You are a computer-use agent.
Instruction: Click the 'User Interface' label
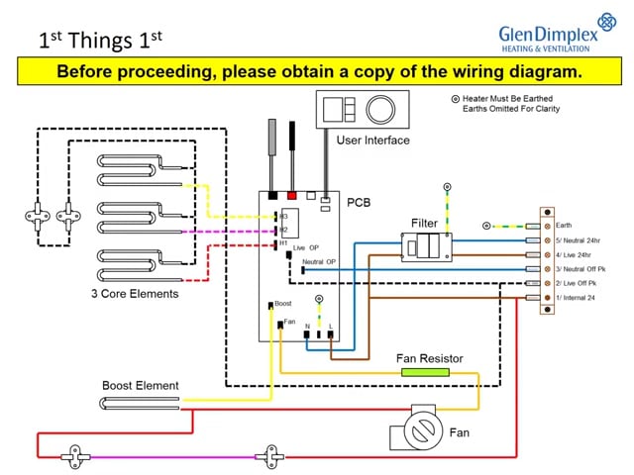(372, 141)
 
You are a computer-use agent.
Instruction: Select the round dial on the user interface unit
(381, 108)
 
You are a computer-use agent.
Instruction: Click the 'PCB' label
(359, 201)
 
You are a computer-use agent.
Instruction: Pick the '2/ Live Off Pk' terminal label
(578, 283)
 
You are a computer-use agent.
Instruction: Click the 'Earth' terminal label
(564, 226)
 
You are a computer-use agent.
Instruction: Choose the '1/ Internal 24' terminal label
(578, 298)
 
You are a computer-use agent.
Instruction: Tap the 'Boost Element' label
(140, 385)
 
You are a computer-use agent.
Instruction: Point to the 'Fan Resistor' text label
(428, 358)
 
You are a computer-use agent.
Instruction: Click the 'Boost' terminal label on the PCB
(282, 303)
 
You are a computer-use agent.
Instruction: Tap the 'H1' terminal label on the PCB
(282, 242)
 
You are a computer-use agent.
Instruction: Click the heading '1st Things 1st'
(99, 41)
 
